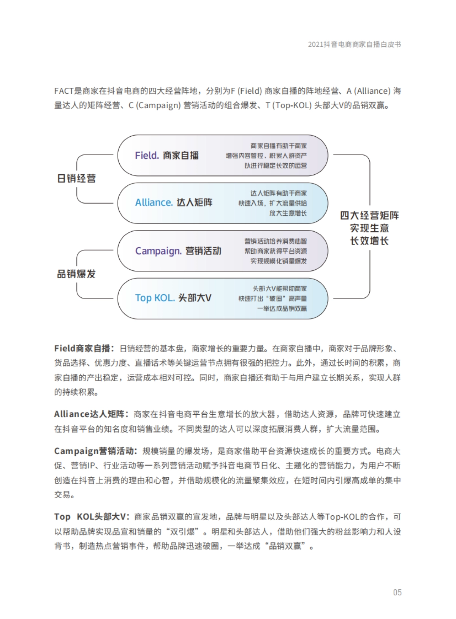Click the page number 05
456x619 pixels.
coord(397,592)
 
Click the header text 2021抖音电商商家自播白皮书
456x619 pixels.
coord(354,44)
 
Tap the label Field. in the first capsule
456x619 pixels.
coord(147,155)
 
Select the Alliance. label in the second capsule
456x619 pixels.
coord(154,202)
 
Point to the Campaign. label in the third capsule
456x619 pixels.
coord(158,251)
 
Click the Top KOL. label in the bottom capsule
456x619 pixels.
coord(155,298)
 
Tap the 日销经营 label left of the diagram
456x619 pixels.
coord(76,178)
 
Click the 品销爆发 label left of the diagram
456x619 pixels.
coord(76,274)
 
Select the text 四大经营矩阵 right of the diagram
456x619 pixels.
coord(369,216)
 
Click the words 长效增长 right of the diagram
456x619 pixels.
coord(369,241)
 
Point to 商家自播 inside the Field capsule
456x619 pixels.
coord(181,155)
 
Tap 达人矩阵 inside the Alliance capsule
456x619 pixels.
coord(195,202)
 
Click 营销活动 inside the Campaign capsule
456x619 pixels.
coord(203,251)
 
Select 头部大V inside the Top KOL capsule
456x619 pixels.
coord(195,298)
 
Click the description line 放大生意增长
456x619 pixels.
coord(288,213)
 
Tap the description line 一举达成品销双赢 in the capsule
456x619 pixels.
coord(282,308)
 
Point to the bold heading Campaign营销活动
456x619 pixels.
coord(94,451)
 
